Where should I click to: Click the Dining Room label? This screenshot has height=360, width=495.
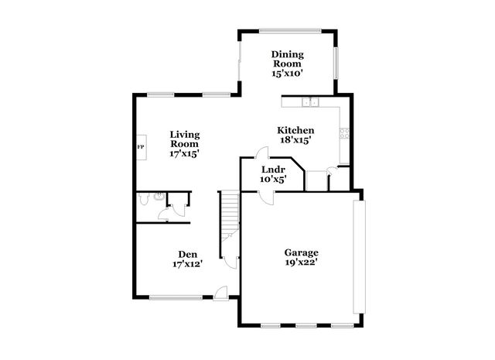pos(287,60)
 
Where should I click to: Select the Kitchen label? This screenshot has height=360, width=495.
pos(296,129)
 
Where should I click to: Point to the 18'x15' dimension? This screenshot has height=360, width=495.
pos(296,140)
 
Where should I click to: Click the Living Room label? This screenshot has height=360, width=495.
pos(185,139)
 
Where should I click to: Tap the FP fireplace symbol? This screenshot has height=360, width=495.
pos(141,146)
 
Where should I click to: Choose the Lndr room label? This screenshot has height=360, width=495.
pos(273,169)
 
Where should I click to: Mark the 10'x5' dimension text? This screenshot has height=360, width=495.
pos(273,179)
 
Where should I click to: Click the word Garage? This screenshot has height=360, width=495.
pos(302,252)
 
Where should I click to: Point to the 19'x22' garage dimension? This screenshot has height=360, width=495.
pos(302,263)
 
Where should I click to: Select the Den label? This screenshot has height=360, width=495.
pos(187,254)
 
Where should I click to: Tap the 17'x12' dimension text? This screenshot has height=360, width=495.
pos(187,265)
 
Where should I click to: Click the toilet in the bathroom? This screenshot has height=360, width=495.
pos(144,199)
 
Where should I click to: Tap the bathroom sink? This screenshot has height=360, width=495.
pos(158,196)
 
